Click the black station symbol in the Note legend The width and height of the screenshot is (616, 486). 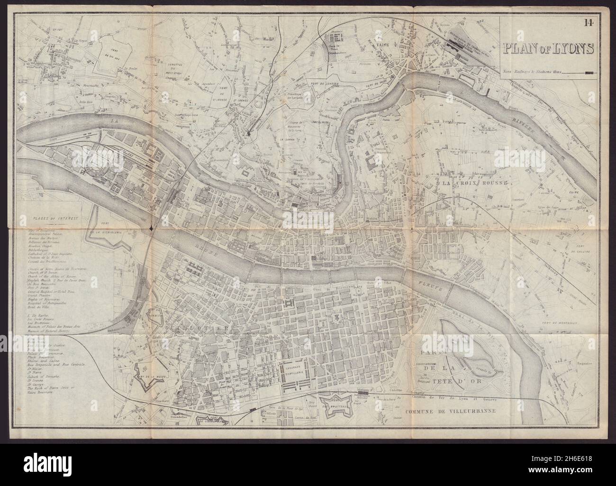click(589, 73)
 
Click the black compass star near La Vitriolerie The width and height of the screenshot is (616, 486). click(151, 229)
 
